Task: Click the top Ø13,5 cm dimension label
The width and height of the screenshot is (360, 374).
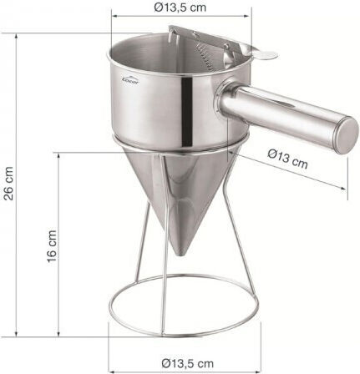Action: click(x=180, y=8)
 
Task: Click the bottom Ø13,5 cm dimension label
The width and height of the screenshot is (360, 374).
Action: click(x=187, y=363)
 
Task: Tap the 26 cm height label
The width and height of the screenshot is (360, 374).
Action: click(x=8, y=184)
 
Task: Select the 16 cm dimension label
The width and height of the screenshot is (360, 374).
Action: click(x=52, y=246)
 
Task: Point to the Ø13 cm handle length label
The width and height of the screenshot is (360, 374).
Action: click(x=287, y=159)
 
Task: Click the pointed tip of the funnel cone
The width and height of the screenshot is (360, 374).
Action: click(x=180, y=253)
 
